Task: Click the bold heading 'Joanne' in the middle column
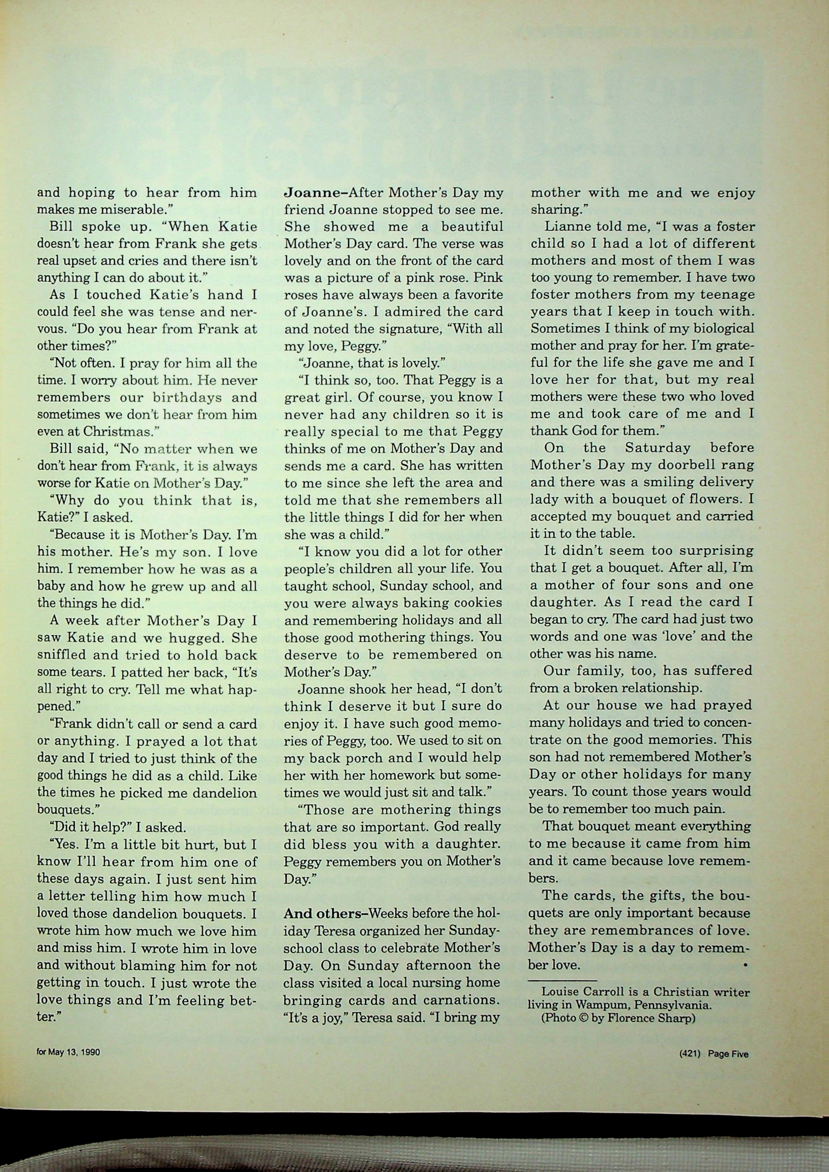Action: click(x=312, y=193)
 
